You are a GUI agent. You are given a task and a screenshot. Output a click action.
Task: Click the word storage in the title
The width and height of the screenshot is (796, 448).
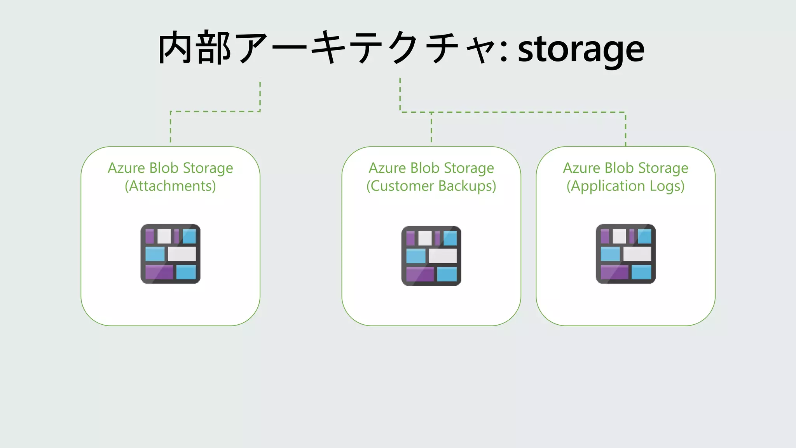coord(581,50)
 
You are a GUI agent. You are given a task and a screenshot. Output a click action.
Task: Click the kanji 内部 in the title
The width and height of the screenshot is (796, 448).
coord(195,48)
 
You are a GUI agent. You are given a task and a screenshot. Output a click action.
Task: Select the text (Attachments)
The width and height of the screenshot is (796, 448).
coord(170,186)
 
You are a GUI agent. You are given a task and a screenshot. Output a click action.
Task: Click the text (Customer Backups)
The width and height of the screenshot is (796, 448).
coord(431,186)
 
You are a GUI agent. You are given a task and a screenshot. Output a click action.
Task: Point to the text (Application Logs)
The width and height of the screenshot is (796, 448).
coord(625,186)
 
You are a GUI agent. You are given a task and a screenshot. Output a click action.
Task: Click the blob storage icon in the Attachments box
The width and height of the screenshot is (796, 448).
coord(170,254)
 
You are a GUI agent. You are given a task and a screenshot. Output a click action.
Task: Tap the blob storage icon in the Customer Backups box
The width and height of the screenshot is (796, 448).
coord(431,255)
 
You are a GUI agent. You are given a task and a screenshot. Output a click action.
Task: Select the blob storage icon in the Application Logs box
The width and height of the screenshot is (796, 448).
coord(625,254)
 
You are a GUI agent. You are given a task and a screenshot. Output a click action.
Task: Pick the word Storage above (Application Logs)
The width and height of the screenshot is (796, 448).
coord(663,168)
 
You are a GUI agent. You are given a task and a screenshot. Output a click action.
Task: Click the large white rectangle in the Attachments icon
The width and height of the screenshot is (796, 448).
coord(182,254)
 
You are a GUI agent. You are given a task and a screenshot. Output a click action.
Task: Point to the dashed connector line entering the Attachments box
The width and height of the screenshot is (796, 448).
coord(171,128)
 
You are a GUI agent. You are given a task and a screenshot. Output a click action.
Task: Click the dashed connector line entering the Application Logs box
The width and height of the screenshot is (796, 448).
coord(625,130)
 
